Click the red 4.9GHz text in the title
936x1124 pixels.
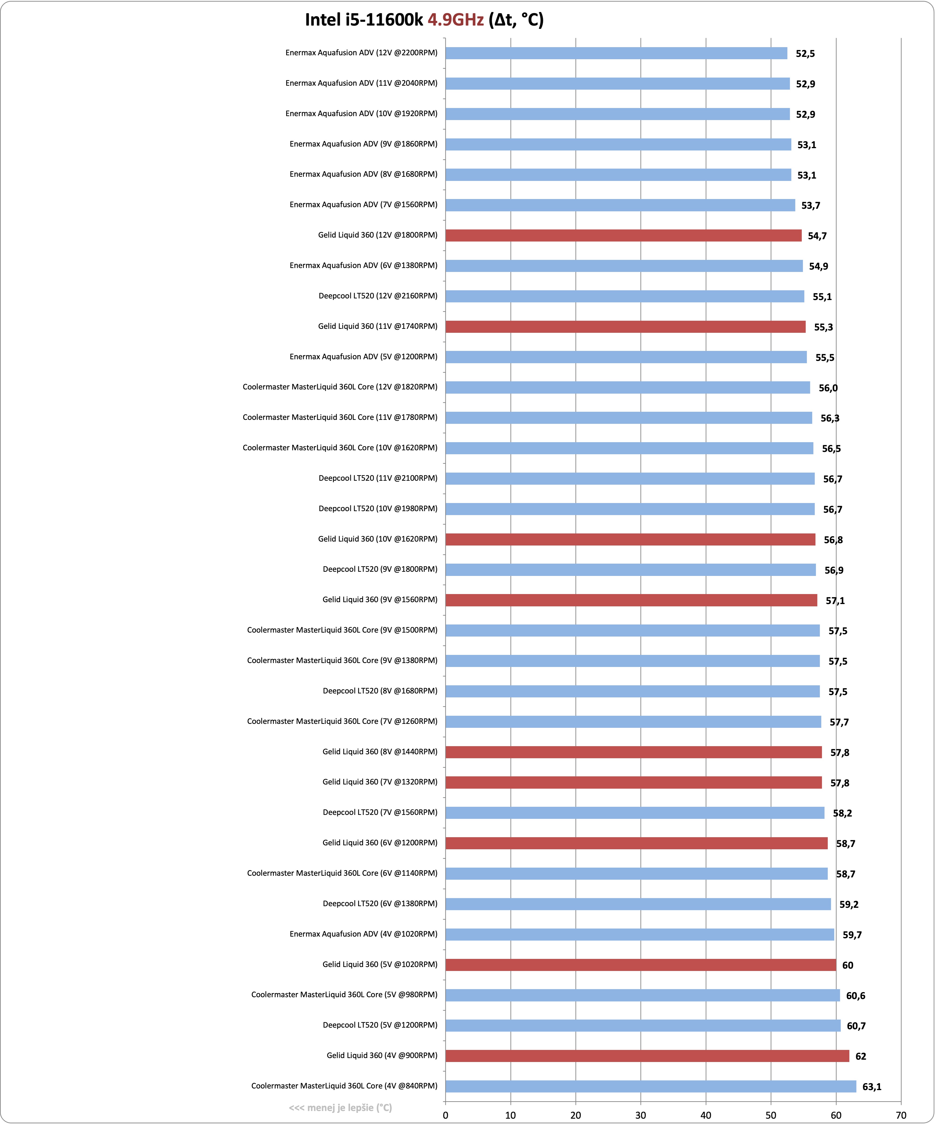coord(456,20)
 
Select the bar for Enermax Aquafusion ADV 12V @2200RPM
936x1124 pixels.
coord(616,53)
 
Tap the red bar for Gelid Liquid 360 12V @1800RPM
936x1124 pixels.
coord(624,235)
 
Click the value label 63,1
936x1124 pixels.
coord(872,1087)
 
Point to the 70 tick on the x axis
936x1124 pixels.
coord(901,1115)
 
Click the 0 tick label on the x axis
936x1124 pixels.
coord(446,1115)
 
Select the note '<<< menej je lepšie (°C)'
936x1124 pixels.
coord(341,1108)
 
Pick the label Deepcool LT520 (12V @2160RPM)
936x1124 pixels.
coord(378,296)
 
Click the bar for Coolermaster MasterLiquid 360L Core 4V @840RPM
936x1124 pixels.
coord(651,1087)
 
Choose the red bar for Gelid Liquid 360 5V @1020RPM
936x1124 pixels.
coord(641,965)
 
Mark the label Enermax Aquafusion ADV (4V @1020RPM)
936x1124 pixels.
coord(364,934)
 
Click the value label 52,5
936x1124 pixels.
coord(806,53)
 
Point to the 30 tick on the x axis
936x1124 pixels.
coord(641,1115)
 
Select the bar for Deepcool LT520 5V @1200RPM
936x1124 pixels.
coord(643,1026)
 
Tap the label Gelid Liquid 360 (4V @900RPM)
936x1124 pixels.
coord(382,1055)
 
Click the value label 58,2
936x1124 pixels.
coord(842,813)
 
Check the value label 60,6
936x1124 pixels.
coord(856,996)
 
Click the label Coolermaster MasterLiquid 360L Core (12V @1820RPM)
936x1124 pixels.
coord(340,387)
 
